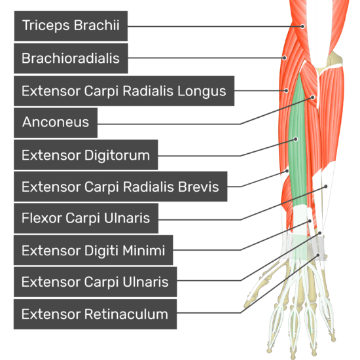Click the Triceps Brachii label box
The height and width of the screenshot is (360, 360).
pyautogui.click(x=71, y=26)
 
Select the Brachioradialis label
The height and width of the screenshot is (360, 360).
pyautogui.click(x=71, y=58)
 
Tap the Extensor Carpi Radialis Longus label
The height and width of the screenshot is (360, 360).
pyautogui.click(x=124, y=91)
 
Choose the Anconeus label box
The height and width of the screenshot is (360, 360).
pyautogui.click(x=56, y=123)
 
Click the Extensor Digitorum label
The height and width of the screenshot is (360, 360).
pyautogui.click(x=86, y=154)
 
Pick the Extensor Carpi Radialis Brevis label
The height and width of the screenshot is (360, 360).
pyautogui.click(x=120, y=187)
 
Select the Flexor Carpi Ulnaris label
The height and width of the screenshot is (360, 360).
pyautogui.click(x=86, y=218)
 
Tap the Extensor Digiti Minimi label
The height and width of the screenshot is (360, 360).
pyautogui.click(x=93, y=250)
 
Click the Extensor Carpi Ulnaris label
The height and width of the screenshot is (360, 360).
pyautogui.click(x=96, y=281)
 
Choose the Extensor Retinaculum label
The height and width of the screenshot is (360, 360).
pyautogui.click(x=95, y=314)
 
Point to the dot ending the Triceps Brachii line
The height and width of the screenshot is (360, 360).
pyautogui.click(x=302, y=26)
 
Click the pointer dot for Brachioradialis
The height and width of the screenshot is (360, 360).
pyautogui.click(x=284, y=58)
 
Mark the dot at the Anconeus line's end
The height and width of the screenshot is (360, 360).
pyautogui.click(x=313, y=98)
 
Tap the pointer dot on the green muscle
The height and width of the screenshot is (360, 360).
pyautogui.click(x=296, y=139)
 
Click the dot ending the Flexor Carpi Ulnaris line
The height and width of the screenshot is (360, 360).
pyautogui.click(x=326, y=187)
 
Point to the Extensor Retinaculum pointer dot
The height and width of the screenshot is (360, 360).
pyautogui.click(x=318, y=255)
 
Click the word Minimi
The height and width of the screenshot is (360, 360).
pyautogui.click(x=144, y=250)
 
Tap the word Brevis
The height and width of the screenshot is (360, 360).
pyautogui.click(x=198, y=187)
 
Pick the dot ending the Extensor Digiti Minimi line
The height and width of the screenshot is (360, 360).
pyautogui.click(x=310, y=221)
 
